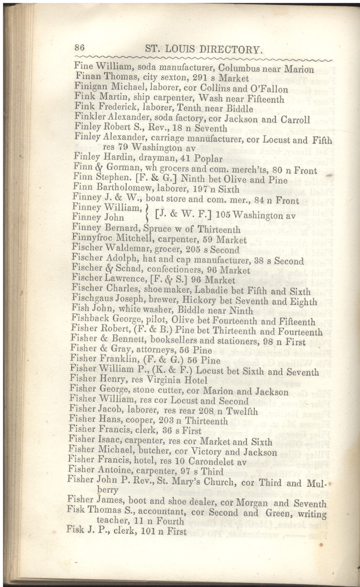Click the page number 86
79,48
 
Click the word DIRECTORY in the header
231,49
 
